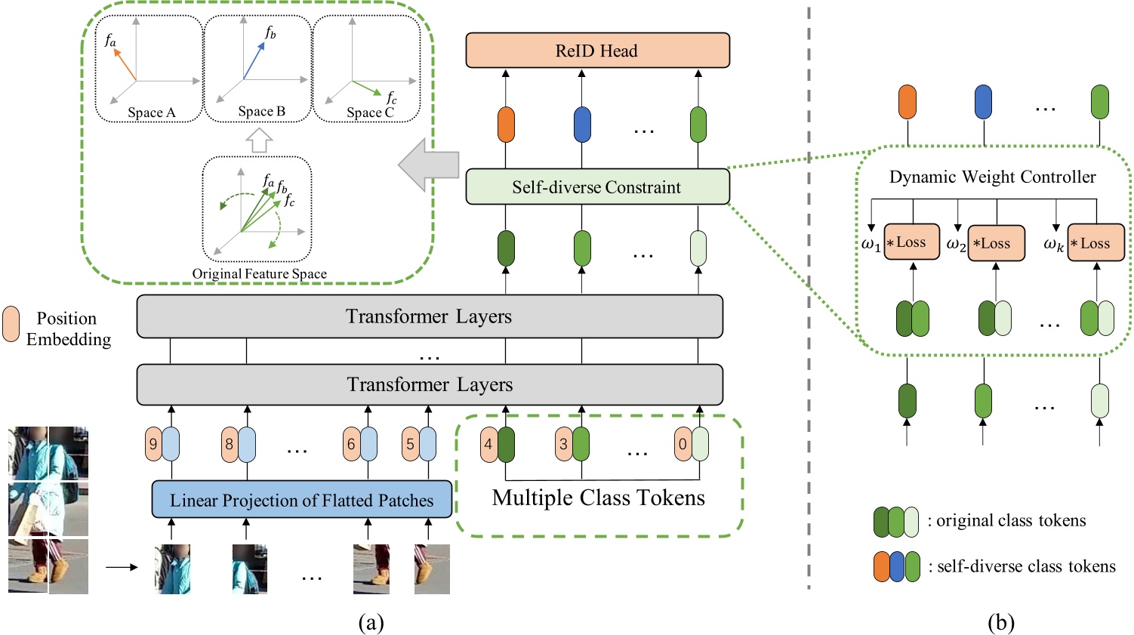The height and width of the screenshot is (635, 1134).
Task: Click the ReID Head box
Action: (597, 51)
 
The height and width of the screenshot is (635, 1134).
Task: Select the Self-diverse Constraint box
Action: (597, 187)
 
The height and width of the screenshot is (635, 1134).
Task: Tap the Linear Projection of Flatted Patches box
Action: (302, 500)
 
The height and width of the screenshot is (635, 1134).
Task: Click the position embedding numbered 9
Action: (153, 444)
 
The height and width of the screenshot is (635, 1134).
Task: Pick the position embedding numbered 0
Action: (683, 444)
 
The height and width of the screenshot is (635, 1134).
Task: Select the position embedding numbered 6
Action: (350, 444)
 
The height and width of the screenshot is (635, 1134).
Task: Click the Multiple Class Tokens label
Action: (598, 498)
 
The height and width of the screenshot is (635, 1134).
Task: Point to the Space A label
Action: (151, 113)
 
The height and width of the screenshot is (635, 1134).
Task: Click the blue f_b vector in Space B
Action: (254, 60)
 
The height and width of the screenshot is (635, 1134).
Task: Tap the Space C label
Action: (370, 113)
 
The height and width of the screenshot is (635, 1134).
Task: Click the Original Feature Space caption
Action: (259, 273)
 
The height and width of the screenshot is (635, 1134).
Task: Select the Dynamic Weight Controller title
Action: (992, 177)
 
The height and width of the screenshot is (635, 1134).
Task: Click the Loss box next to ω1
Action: (911, 242)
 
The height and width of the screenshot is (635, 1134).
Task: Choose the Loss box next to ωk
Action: (1095, 243)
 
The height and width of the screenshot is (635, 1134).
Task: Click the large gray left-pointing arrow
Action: (429, 165)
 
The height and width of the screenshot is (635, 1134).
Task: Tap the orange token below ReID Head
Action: (506, 125)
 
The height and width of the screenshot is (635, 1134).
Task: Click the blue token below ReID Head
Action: (582, 125)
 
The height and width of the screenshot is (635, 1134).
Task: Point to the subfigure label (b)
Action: (1000, 621)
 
